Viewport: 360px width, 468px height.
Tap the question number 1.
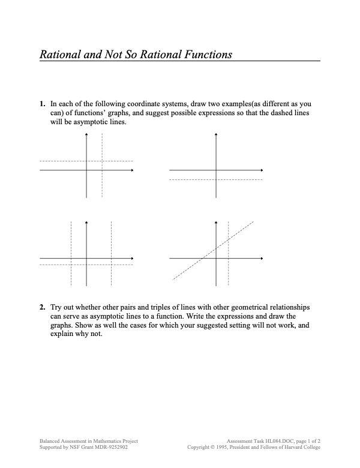coord(42,104)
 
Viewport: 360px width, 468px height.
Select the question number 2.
coord(42,307)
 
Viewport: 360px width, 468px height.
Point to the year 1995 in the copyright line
coord(236,447)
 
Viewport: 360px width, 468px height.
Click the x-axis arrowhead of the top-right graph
coord(261,171)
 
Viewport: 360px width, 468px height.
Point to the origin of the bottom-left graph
coord(87,259)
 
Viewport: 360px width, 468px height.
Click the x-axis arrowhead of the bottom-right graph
coord(261,259)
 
